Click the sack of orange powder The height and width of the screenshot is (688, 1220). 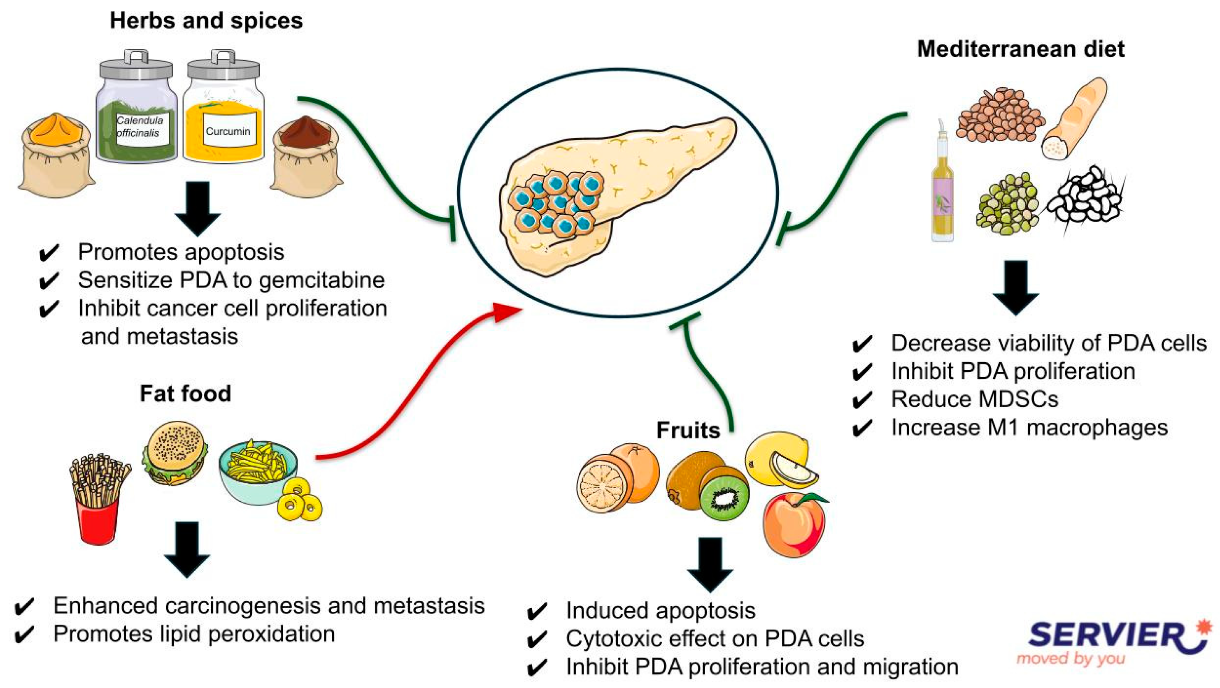[56, 154]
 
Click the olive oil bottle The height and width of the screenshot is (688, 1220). [943, 189]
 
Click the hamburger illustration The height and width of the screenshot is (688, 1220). [175, 453]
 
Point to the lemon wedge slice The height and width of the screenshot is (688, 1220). [794, 471]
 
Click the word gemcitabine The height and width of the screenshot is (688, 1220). [321, 280]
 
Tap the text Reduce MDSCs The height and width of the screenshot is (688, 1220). [975, 399]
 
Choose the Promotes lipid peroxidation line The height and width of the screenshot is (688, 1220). [194, 634]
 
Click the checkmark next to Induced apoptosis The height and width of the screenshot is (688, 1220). [537, 612]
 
